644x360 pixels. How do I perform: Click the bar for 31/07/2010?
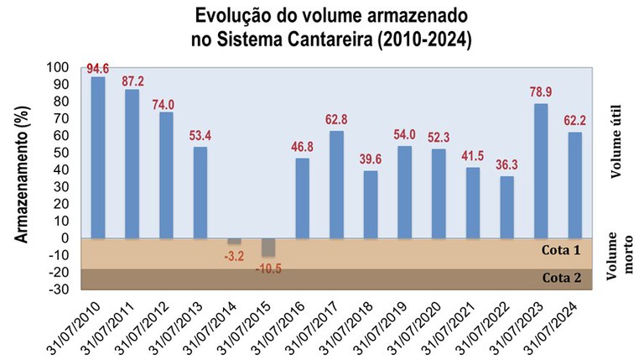98,157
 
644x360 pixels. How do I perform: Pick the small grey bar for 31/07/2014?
234,241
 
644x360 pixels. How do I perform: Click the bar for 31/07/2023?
541,170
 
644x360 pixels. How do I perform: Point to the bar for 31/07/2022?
506,206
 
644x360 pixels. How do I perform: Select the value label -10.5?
268,269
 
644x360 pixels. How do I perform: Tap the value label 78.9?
542,95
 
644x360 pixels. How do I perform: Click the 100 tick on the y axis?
59,67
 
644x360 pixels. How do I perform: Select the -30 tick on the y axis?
59,290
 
